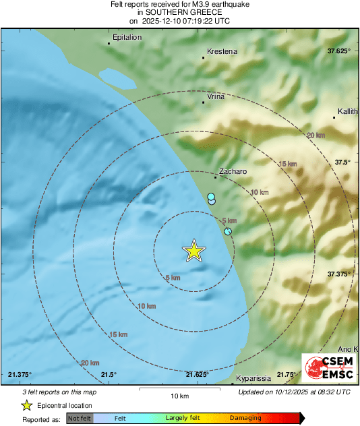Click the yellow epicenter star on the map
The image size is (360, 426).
coord(194,251)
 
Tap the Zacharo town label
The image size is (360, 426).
coord(233,172)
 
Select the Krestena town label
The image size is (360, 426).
coord(222,51)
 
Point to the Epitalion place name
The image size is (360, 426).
coord(127,37)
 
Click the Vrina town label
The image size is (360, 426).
coord(216,96)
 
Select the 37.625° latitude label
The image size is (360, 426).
coord(339,51)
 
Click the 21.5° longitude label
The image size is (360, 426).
coord(109,375)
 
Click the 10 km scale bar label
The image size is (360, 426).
coord(179,396)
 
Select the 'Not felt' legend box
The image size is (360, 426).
coord(79,419)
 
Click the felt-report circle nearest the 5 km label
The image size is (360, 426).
coord(228,231)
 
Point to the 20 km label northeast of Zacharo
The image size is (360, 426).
coord(315,135)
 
